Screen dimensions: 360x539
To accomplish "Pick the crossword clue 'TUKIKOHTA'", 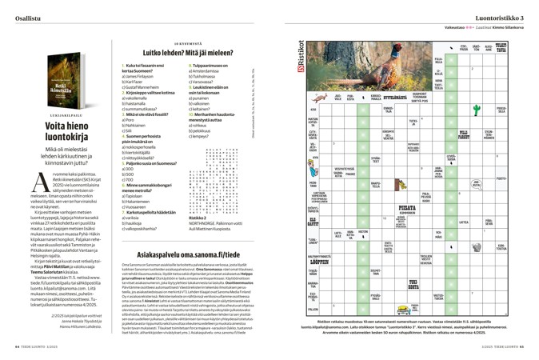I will [416, 282].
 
